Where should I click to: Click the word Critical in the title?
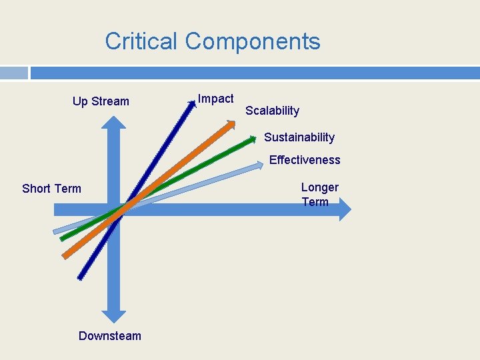141,41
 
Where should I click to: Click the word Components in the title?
253,41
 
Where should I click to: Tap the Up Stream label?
101,101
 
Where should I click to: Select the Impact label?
216,99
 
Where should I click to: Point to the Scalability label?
272,111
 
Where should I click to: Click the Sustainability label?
299,137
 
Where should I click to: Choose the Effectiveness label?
305,160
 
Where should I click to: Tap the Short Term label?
51,189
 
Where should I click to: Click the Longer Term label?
319,195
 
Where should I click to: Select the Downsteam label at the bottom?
110,336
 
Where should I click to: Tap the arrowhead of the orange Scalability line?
231,124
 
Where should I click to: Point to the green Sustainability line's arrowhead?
253,139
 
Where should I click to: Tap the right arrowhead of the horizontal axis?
344,209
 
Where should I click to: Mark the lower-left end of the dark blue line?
81,277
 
